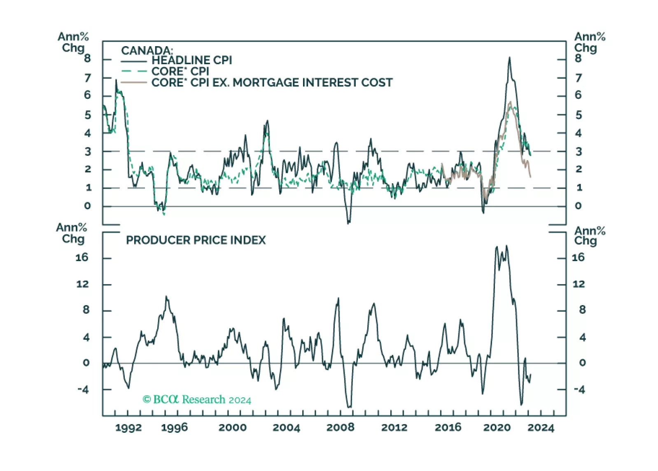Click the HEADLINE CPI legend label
tap(191, 61)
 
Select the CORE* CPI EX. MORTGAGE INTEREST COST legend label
tap(272, 83)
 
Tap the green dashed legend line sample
tap(134, 72)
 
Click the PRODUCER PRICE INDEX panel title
tap(196, 240)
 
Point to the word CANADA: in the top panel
tap(147, 51)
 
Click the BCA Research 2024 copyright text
tap(197, 400)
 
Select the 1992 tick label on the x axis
tap(128, 428)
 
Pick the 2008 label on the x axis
tap(340, 428)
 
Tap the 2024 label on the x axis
tap(541, 428)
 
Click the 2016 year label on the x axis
tap(448, 428)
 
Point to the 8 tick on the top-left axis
tap(87, 58)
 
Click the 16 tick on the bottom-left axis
tap(82, 258)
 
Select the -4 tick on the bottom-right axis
tap(579, 389)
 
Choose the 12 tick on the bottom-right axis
tap(579, 284)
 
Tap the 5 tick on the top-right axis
tap(579, 115)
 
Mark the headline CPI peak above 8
tap(509, 58)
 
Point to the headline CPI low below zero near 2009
tap(348, 223)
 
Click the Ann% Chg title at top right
tap(589, 42)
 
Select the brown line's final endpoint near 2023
tap(530, 177)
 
